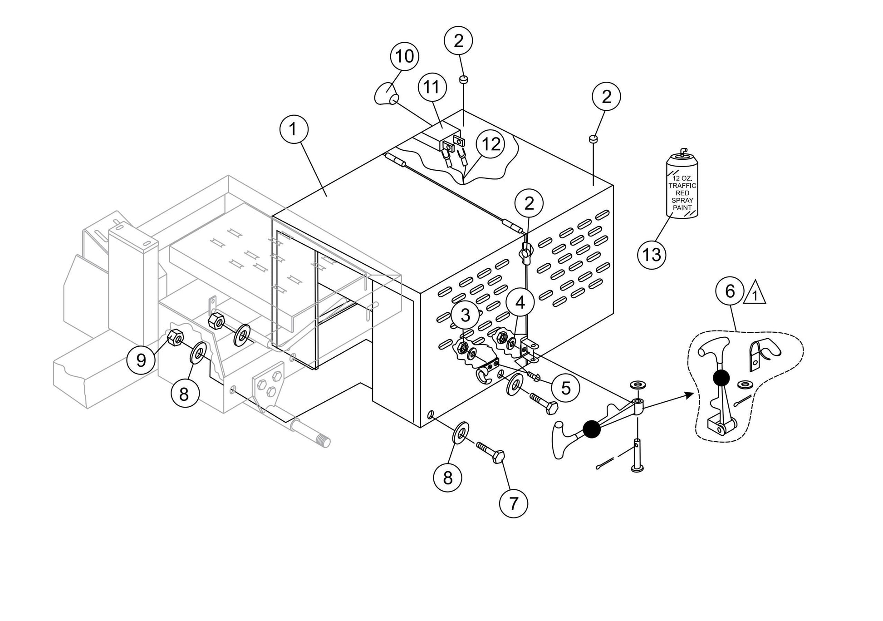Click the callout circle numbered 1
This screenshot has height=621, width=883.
(x=293, y=130)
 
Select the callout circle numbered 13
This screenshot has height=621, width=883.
(x=652, y=255)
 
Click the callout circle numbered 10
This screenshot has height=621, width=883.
(x=405, y=57)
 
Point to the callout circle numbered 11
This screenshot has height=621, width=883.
(x=432, y=87)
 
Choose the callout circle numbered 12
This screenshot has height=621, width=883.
(x=491, y=144)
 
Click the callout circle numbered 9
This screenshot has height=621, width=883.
(x=141, y=360)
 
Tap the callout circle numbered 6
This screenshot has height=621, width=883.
(x=730, y=291)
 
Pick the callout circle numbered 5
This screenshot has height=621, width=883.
(x=566, y=388)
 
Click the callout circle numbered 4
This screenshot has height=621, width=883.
(x=520, y=302)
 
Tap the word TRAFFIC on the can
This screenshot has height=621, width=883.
(x=682, y=186)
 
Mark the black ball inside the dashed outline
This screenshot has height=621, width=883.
(x=721, y=377)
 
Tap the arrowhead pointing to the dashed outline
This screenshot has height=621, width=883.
(x=690, y=395)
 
